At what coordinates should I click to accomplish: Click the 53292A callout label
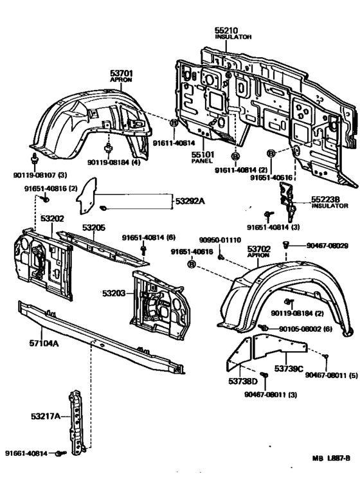tap(190, 201)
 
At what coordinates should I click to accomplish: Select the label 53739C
tap(289, 368)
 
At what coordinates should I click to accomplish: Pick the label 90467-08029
tap(327, 245)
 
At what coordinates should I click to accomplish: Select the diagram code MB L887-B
tap(331, 458)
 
